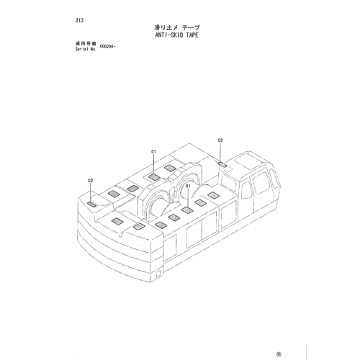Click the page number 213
click(79, 20)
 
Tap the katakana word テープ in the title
click(191, 27)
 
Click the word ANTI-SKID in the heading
click(169, 35)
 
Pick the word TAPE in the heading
click(192, 35)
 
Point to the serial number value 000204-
click(107, 47)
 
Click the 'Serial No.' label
click(86, 49)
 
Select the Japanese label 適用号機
click(86, 44)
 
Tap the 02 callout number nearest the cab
click(220, 140)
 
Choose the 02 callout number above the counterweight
click(90, 181)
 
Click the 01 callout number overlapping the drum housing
click(188, 186)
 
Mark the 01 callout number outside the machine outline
click(153, 151)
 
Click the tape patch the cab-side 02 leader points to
click(223, 165)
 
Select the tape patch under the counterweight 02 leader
click(91, 204)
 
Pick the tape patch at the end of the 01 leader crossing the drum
click(187, 210)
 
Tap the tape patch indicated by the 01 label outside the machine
click(154, 178)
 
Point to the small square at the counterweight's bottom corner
click(158, 274)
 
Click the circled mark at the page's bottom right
click(279, 354)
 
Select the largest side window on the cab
click(261, 183)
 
